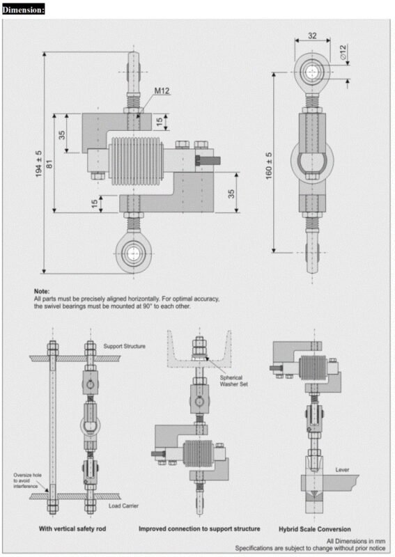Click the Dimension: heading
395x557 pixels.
coord(23,9)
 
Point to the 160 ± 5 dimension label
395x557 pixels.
coord(269,165)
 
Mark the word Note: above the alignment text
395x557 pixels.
coord(41,291)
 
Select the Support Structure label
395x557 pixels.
coord(124,346)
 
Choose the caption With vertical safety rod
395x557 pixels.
coord(74,529)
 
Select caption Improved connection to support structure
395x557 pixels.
coord(199,529)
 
